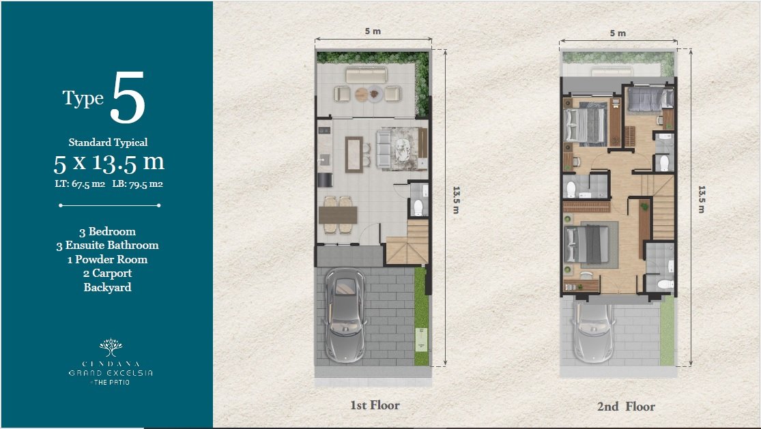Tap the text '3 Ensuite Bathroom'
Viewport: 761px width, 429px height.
107,246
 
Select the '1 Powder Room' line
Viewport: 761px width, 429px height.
107,259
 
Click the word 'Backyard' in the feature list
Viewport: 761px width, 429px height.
107,287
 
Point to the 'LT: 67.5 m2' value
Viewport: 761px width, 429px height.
80,183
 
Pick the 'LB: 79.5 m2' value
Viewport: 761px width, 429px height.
137,183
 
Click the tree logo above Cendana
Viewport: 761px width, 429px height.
111,347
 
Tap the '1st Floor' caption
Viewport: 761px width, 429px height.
375,405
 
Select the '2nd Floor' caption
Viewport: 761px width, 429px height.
626,406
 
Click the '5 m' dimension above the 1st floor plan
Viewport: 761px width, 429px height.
373,31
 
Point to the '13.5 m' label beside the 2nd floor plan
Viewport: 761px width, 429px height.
702,199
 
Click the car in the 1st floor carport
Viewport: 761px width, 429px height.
345,315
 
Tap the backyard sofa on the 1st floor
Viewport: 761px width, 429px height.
367,75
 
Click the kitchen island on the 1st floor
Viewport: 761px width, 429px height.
354,155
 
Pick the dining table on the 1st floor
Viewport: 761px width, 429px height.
338,215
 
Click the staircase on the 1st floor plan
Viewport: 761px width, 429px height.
407,242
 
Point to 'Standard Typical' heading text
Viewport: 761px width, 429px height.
108,143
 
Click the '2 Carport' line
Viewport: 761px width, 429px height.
107,273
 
